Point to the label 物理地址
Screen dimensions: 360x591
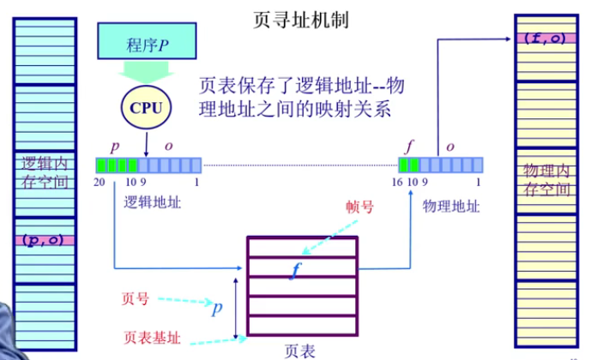click(x=451, y=206)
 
